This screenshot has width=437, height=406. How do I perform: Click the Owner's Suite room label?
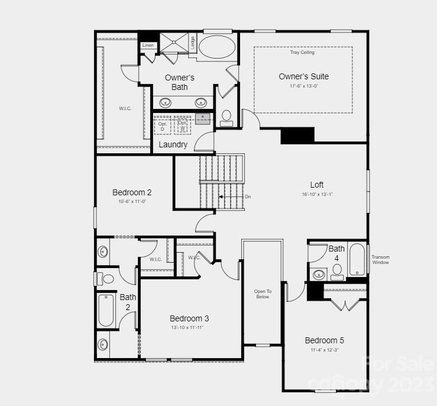pos(303,76)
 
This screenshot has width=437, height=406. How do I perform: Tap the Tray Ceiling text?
pos(302,53)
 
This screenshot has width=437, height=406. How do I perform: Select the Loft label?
pos(316,185)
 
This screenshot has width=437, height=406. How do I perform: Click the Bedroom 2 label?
pos(132,192)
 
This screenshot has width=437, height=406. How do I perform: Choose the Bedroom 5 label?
pos(324,340)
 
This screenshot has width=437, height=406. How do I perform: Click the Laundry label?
pos(173,144)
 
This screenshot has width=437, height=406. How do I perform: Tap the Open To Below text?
pos(262,294)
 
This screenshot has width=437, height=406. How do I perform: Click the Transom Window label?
pos(380,259)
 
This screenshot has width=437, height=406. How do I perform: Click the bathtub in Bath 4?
pos(357,259)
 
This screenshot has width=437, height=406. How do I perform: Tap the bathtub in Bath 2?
pos(106,310)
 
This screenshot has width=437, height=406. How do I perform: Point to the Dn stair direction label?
pos(248,196)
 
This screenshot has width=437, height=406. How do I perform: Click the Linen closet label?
pos(148,46)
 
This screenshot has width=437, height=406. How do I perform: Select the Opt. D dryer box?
pos(162,125)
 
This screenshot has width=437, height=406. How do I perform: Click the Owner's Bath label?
pos(179,82)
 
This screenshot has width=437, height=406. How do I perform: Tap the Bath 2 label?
pos(128,302)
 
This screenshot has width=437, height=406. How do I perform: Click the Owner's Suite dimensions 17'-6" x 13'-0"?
pos(303,86)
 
